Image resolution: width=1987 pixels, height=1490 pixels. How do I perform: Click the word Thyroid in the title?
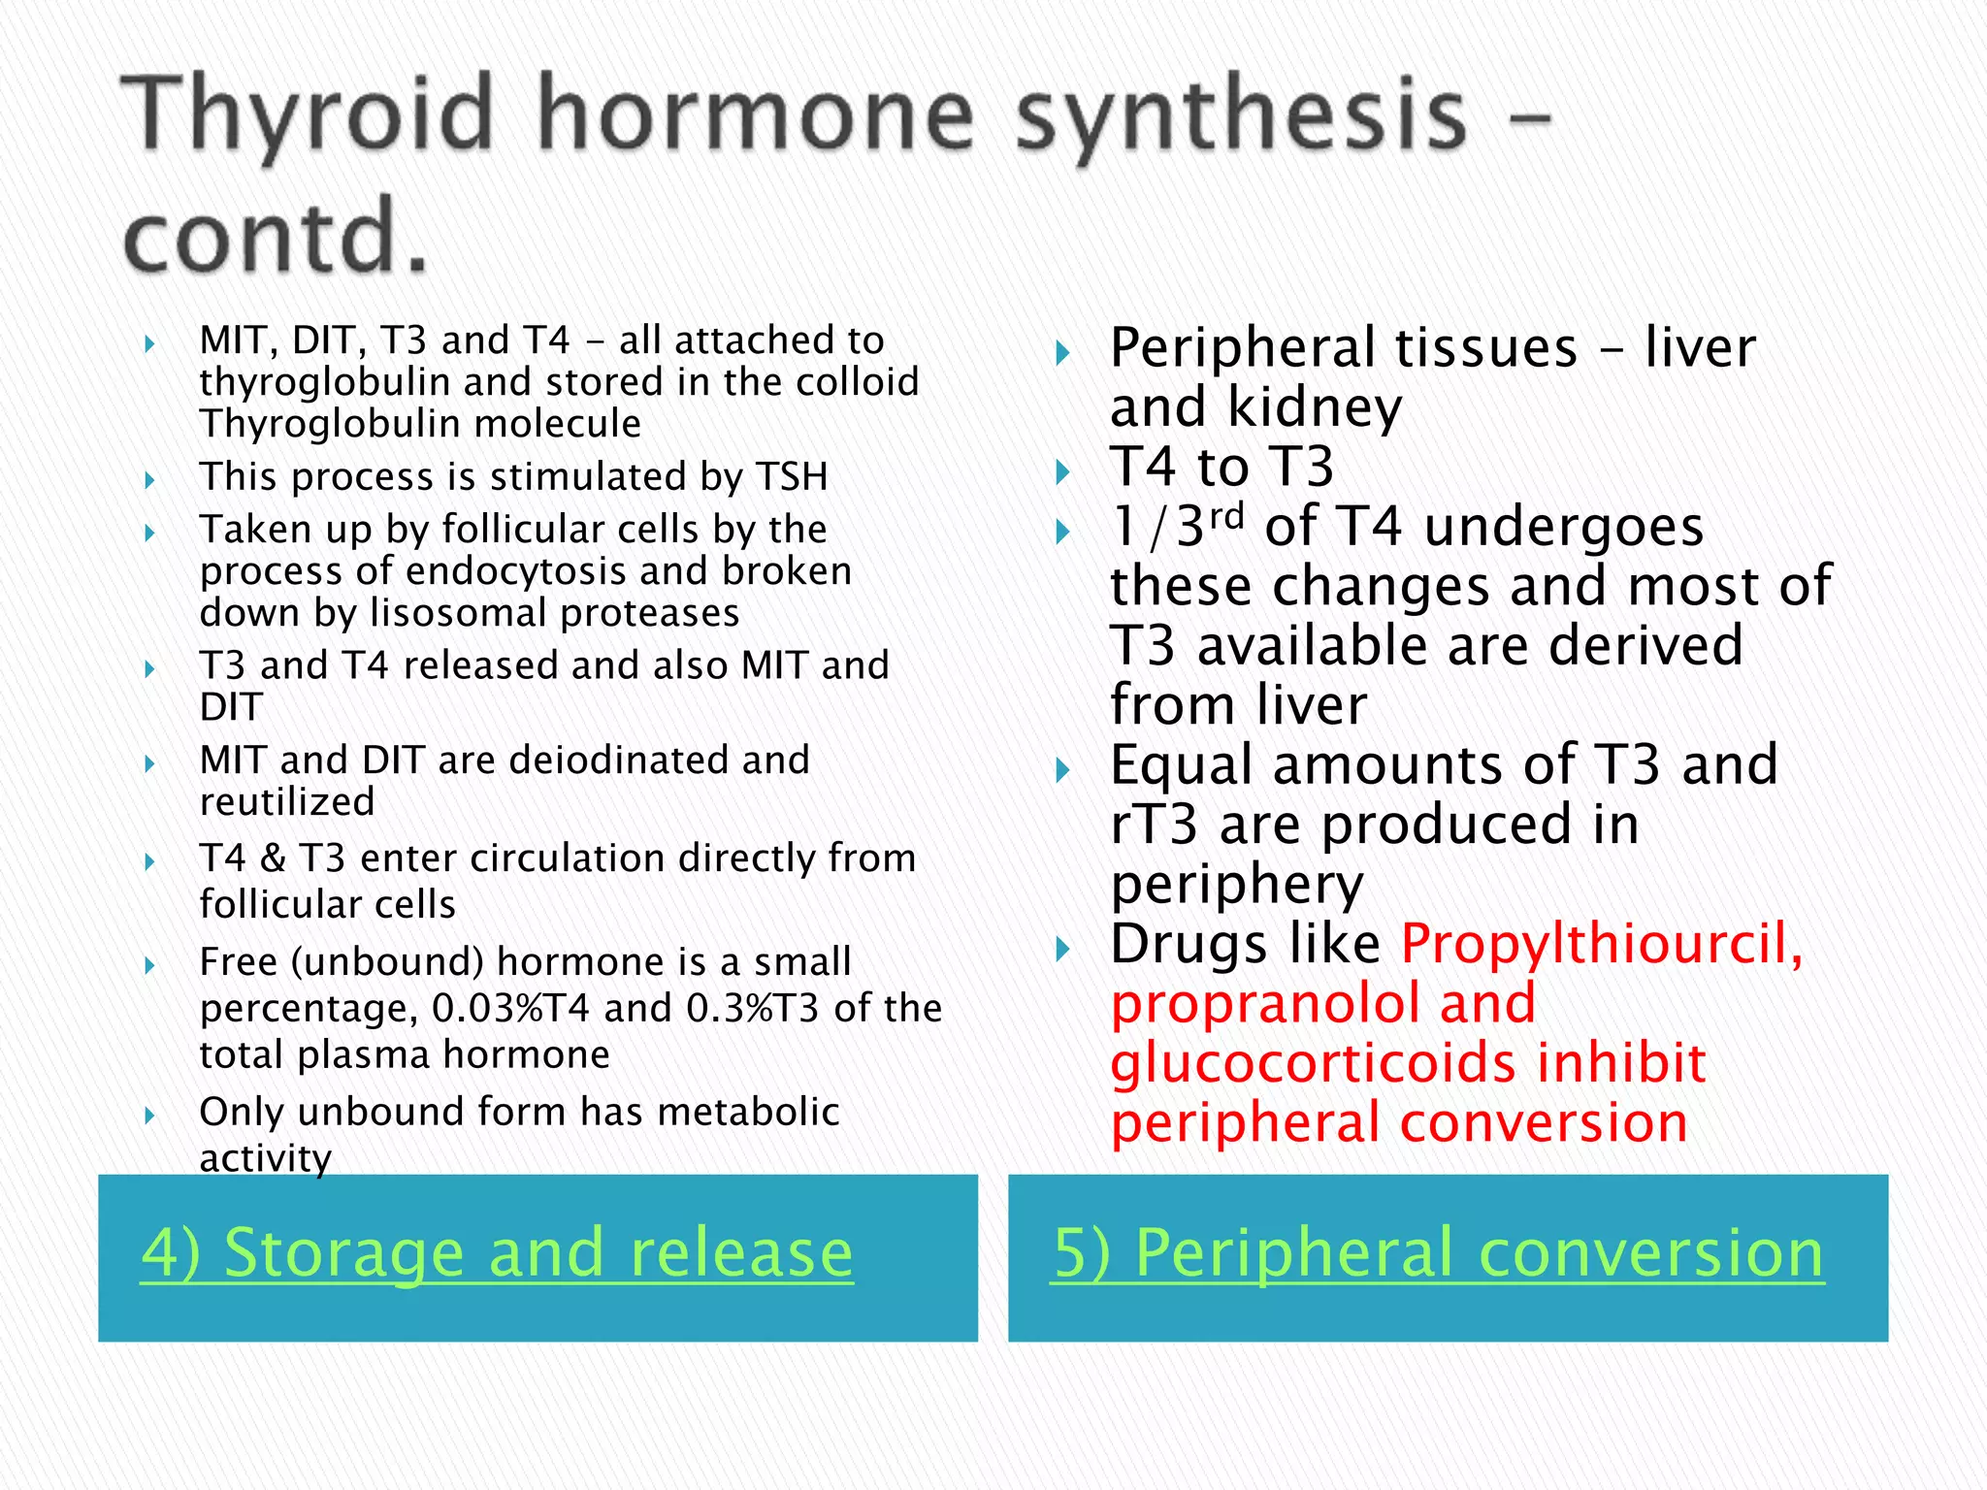pos(309,116)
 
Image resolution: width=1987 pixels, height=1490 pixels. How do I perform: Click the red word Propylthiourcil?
pos(1601,943)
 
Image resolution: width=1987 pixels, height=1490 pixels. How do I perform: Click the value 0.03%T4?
pos(510,1009)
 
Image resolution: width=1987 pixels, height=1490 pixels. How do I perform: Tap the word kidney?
pos(1315,407)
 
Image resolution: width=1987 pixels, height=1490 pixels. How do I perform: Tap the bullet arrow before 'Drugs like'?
pos(1062,949)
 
